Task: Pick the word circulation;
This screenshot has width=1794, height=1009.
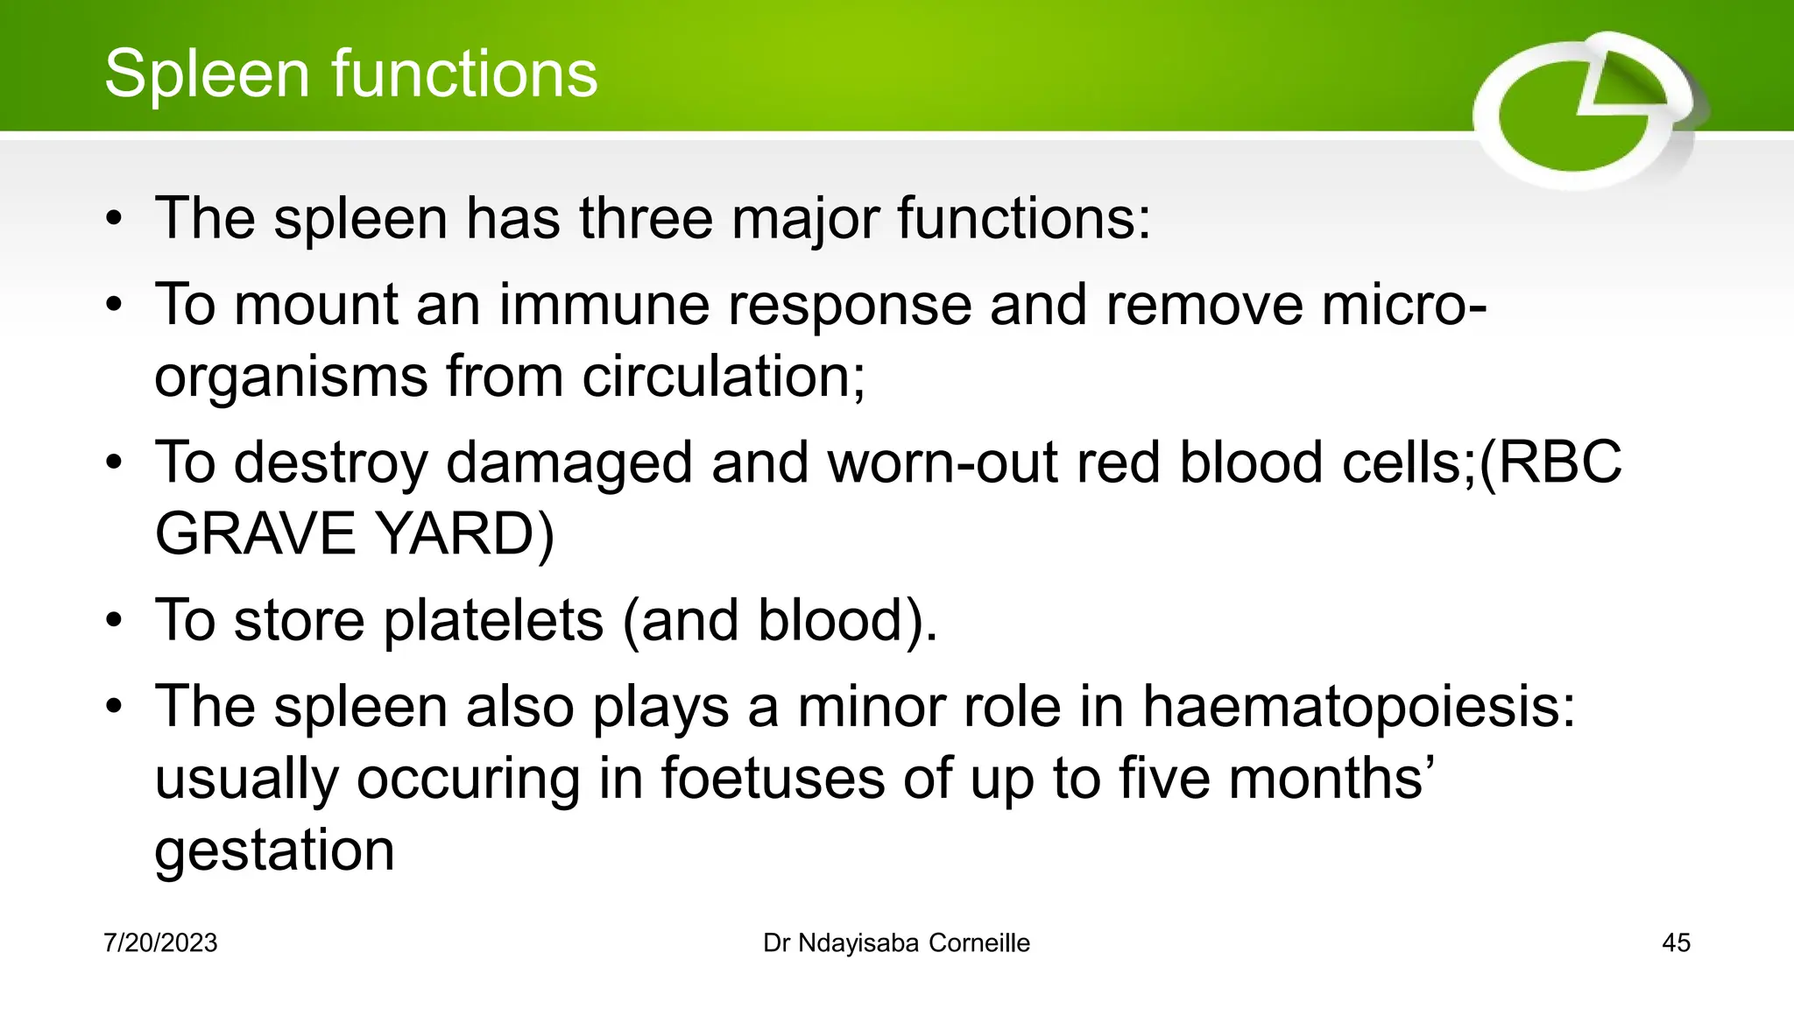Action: click(x=724, y=377)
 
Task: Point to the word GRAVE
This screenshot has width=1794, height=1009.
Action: click(x=255, y=534)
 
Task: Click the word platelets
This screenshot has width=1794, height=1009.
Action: click(x=493, y=621)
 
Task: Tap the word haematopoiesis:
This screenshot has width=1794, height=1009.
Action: click(x=1359, y=707)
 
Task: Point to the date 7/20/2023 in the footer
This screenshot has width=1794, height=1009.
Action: click(x=160, y=943)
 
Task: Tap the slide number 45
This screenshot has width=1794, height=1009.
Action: click(x=1676, y=943)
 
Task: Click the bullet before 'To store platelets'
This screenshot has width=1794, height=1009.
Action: click(x=114, y=621)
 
